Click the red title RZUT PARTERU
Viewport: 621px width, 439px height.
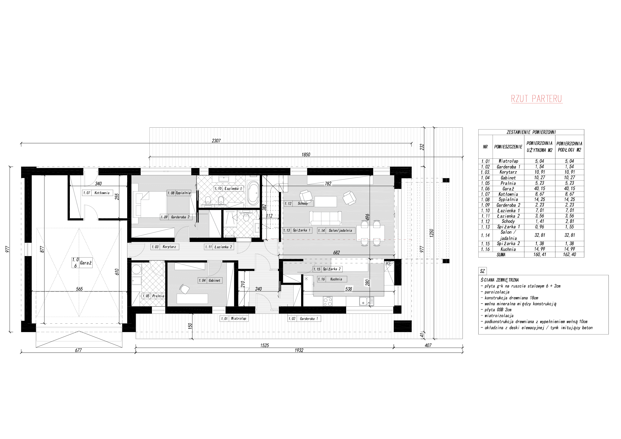tap(537, 99)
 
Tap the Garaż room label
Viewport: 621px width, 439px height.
tap(86, 263)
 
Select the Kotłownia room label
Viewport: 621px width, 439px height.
tap(102, 193)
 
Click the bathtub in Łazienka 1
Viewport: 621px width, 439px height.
tap(253, 193)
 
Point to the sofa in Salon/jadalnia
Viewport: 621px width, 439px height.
tap(325, 218)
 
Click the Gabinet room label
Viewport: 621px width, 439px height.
tap(215, 281)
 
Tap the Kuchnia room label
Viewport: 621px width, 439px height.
tap(336, 279)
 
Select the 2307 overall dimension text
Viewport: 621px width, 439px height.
tap(216, 141)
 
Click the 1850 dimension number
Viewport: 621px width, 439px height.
tap(306, 154)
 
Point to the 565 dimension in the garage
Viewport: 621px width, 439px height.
tap(79, 289)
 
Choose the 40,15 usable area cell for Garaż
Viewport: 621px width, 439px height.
tap(540, 188)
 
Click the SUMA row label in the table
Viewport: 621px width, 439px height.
tap(501, 255)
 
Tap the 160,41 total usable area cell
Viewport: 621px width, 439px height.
tap(540, 255)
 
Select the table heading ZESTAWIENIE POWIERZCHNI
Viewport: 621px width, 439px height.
tap(531, 132)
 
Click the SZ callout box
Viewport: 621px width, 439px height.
tap(482, 271)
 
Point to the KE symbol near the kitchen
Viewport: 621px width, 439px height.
tap(389, 264)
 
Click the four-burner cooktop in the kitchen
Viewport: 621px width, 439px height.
tap(328, 301)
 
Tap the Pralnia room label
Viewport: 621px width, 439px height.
tap(158, 296)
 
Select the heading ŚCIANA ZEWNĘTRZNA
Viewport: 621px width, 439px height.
tap(500, 280)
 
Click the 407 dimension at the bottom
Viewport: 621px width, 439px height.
tap(428, 345)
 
